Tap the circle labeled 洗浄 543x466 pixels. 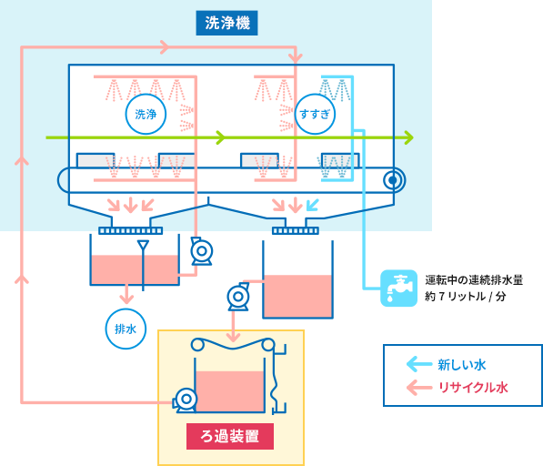(146, 114)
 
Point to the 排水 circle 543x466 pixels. (126, 329)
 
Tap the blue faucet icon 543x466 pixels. (397, 288)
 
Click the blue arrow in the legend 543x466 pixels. (418, 365)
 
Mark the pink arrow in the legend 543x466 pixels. (418, 388)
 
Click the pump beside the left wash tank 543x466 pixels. (199, 250)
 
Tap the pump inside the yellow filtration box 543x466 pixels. (186, 399)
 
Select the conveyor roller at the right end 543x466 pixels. (393, 179)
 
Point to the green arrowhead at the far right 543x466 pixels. (408, 137)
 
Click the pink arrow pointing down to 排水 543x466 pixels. (126, 293)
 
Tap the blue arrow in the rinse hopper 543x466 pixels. (313, 204)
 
